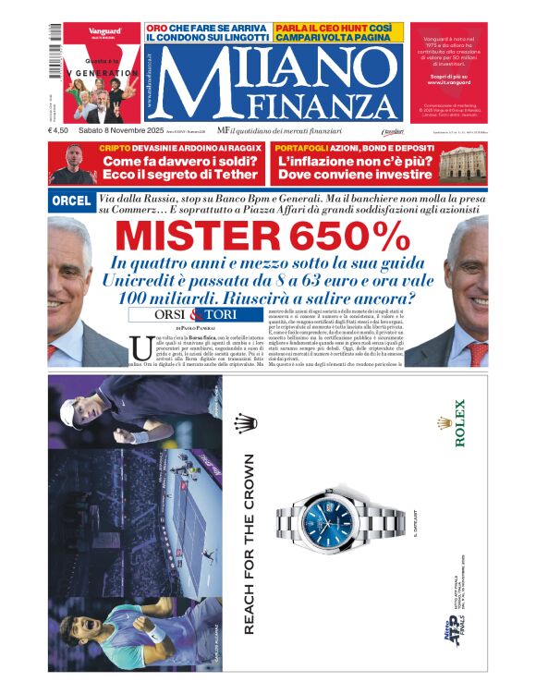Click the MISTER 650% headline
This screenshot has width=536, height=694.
268,237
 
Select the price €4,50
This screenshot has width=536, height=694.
59,130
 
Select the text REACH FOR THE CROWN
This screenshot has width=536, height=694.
248,543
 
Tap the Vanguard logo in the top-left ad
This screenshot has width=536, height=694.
104,31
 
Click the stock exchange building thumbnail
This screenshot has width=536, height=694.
462,163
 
